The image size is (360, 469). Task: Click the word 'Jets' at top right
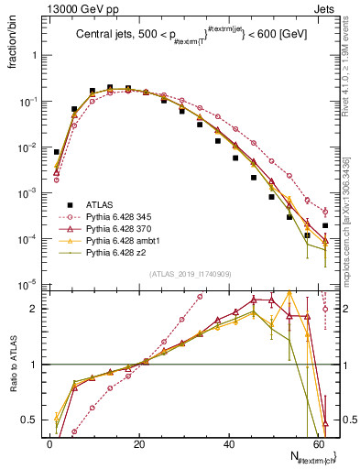[x=325, y=8]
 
